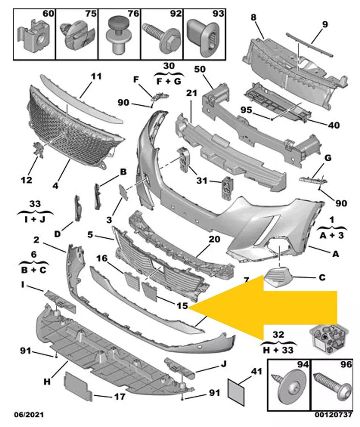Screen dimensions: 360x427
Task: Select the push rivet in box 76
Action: (x=119, y=36)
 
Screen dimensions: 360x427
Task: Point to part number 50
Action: (x=200, y=69)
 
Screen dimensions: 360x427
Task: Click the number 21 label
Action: (x=191, y=93)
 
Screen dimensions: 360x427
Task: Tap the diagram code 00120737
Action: (x=333, y=415)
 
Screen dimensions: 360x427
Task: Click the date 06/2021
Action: (x=29, y=415)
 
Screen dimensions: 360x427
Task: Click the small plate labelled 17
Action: (x=78, y=387)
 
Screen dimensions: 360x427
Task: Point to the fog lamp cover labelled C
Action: (x=279, y=278)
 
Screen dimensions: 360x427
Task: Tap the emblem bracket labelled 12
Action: (x=38, y=149)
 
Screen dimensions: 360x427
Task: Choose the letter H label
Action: (x=47, y=382)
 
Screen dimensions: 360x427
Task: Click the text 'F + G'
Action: (x=169, y=81)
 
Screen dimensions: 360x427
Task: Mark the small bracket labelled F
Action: (x=160, y=96)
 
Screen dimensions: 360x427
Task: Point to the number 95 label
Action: (x=246, y=110)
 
